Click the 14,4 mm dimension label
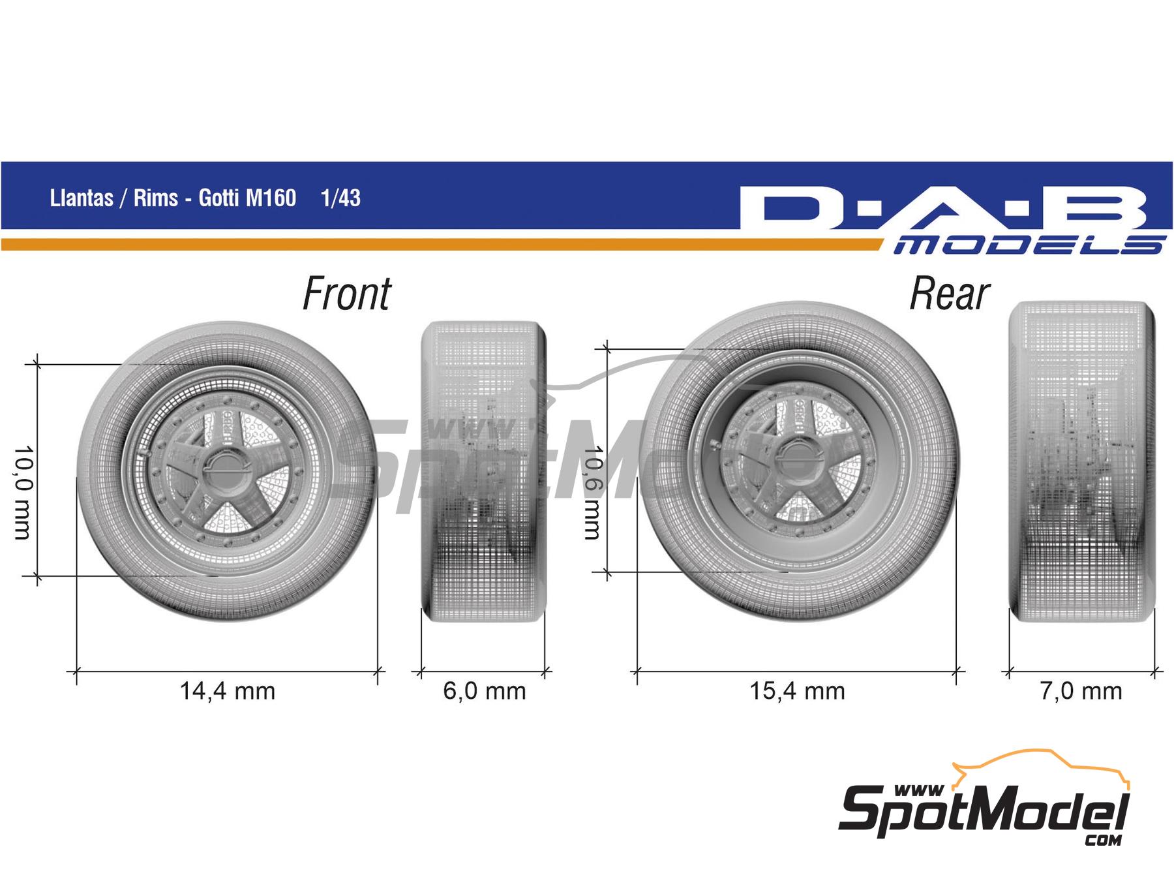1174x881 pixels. pos(227,691)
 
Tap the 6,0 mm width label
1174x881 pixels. pos(484,691)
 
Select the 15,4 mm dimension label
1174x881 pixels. pos(796,691)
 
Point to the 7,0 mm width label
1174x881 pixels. pos(1081,691)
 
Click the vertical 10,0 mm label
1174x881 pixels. pos(22,493)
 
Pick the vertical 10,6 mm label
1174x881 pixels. pos(591,493)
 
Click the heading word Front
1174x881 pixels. pos(346,294)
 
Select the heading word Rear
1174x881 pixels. pos(949,294)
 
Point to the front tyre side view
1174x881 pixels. pos(483,471)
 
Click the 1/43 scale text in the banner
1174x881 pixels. pos(340,198)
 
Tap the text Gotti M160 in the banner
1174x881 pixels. pos(247,198)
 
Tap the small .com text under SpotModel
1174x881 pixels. pos(1104,841)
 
